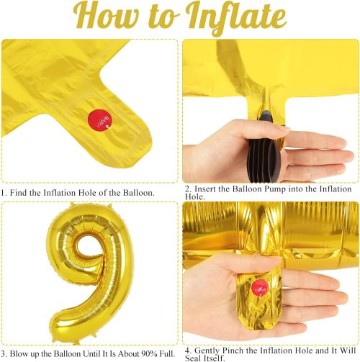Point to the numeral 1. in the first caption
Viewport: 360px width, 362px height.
(4, 193)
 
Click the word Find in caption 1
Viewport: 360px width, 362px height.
(19, 193)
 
